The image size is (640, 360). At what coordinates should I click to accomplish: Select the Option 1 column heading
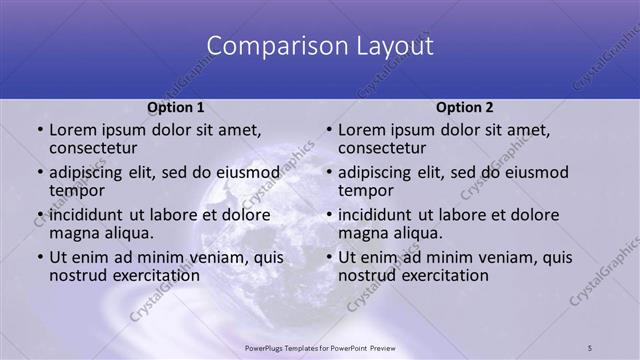(x=176, y=107)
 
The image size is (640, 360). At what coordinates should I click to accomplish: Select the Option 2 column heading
(x=465, y=107)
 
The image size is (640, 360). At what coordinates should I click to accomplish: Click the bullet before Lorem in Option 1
(x=39, y=131)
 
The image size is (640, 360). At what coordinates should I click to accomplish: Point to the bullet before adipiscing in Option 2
(x=328, y=172)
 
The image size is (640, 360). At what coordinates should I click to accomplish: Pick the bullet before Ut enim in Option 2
(x=328, y=258)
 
